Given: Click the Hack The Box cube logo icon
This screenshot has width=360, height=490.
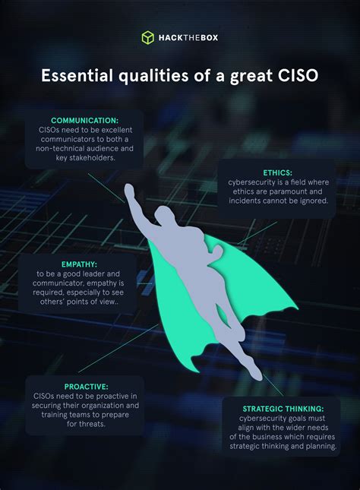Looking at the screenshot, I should coord(148,37).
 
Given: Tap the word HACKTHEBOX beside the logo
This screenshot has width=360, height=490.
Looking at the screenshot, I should coord(188,37).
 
